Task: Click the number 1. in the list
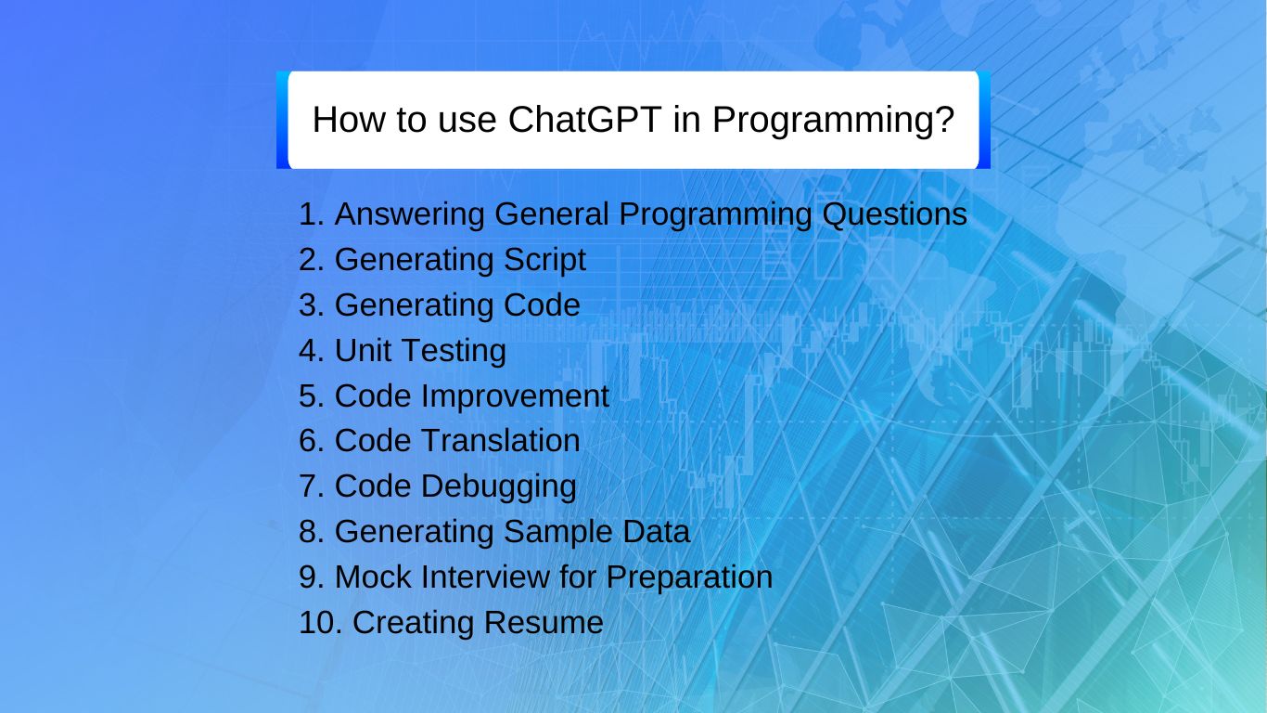point(312,214)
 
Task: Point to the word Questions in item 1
point(895,214)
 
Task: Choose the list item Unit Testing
point(420,351)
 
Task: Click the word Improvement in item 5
point(515,395)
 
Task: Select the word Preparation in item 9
point(689,577)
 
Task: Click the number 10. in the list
point(321,622)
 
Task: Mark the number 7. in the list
point(312,486)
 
